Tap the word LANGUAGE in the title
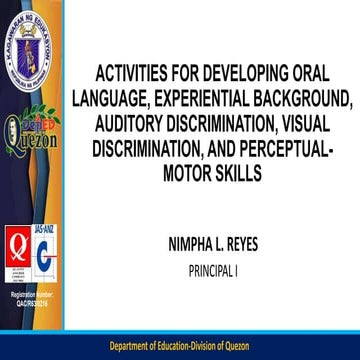pyautogui.click(x=114, y=100)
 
